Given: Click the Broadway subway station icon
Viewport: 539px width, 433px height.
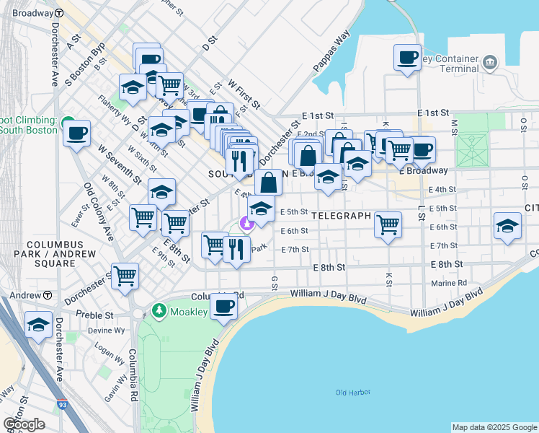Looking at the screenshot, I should tap(58, 14).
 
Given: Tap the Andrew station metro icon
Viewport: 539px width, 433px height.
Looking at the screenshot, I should tap(47, 295).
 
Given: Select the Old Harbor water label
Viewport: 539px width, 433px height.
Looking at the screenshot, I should tap(352, 392).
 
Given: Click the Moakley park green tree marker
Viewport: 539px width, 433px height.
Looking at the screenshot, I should tap(158, 311).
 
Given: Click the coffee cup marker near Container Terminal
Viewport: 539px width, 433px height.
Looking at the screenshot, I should tap(407, 57).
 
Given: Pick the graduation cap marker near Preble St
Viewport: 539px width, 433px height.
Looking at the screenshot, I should tap(38, 325).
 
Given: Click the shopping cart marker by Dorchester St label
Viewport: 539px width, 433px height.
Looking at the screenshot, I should tap(125, 276).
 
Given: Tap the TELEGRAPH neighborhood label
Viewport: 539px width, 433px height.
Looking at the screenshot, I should tap(342, 216).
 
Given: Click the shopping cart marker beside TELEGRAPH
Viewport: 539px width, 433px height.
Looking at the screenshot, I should tap(388, 225).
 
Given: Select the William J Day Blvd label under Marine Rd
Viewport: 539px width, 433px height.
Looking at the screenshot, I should tap(446, 305).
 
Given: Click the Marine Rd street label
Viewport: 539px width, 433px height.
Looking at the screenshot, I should tap(449, 283).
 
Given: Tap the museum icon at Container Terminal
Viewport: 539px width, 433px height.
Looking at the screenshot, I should tap(490, 61).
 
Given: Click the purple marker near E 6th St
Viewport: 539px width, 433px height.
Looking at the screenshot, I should tap(246, 224).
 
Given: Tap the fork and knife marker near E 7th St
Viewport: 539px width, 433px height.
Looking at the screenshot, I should tap(236, 250).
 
